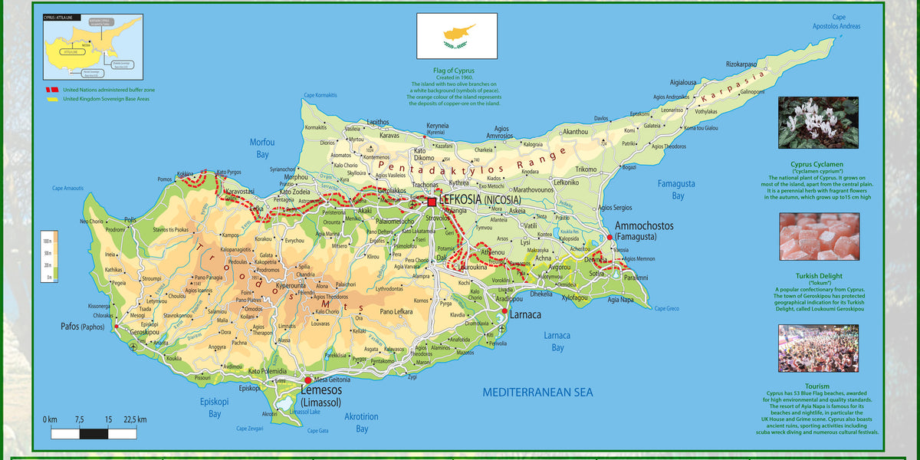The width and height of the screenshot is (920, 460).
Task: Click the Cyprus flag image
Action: coord(457,37)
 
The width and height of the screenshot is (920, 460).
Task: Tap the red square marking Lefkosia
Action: coord(432,202)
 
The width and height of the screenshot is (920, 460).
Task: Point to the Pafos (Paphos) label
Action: coord(81,326)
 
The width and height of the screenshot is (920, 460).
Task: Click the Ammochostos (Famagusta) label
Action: coord(644,231)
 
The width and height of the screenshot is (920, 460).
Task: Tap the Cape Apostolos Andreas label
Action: coord(836,21)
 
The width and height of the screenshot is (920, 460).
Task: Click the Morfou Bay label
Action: coord(262,148)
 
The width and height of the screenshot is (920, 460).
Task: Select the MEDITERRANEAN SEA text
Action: coord(537,393)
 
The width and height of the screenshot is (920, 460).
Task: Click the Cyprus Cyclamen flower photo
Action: coord(818,123)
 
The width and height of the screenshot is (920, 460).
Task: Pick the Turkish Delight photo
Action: coord(818,237)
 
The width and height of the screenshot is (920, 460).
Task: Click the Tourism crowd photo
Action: coord(818,348)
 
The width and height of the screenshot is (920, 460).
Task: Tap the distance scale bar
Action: coord(94,433)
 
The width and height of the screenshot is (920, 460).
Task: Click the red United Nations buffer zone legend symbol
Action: coord(50,90)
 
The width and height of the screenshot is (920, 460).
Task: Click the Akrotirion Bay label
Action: coord(361,422)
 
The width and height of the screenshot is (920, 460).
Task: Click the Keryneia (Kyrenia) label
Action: coord(438,128)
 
